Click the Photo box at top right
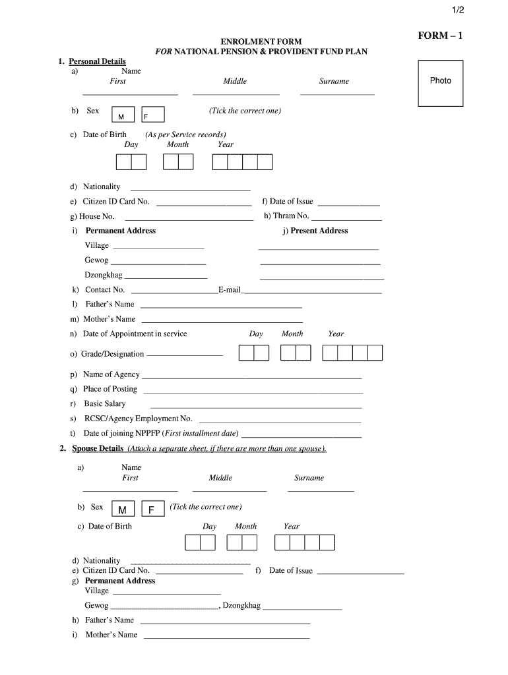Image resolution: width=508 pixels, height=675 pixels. point(441,83)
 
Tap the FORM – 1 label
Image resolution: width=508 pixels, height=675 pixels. point(441,36)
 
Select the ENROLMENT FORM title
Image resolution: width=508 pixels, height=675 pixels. point(261,42)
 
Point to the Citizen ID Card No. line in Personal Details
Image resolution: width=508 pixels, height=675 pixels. point(204,205)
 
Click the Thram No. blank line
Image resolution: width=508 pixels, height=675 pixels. point(346,220)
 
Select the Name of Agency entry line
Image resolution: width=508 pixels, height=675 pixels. point(252,378)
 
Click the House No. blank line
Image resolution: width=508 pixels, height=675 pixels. point(189,220)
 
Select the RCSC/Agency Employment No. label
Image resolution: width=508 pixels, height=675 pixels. point(138,419)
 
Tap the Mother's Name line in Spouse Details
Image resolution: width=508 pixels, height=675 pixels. point(226,638)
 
